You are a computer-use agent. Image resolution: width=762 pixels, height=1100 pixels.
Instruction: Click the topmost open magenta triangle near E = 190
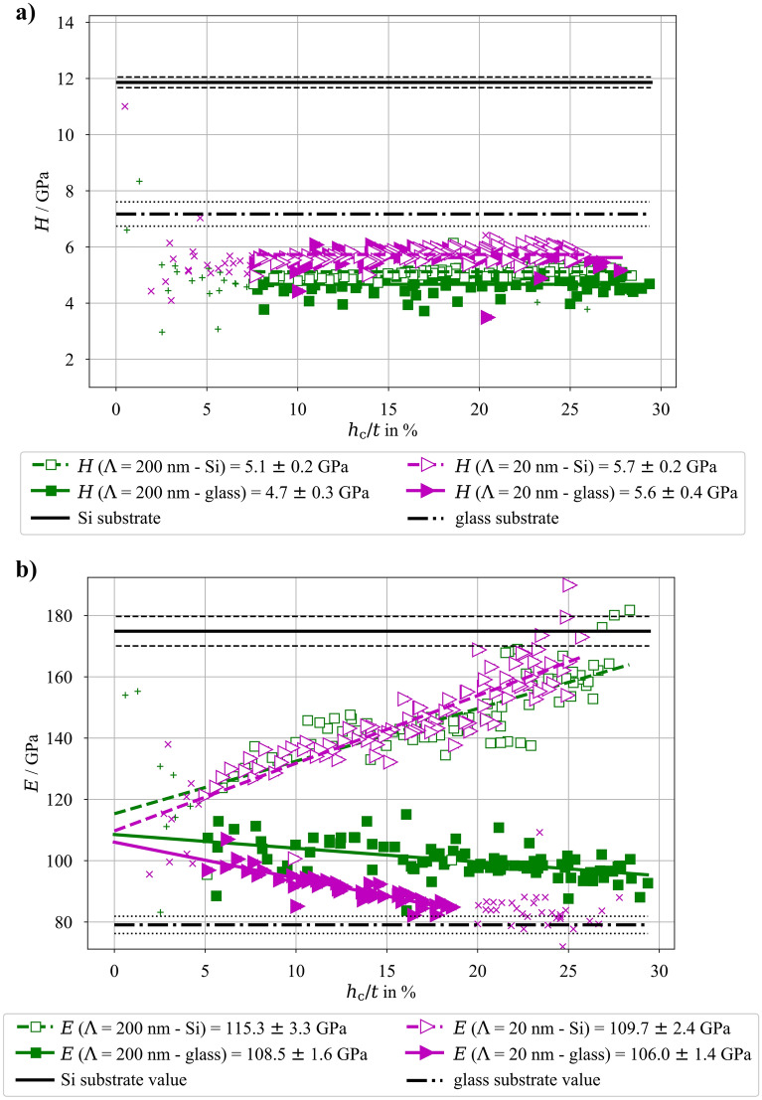[569, 585]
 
